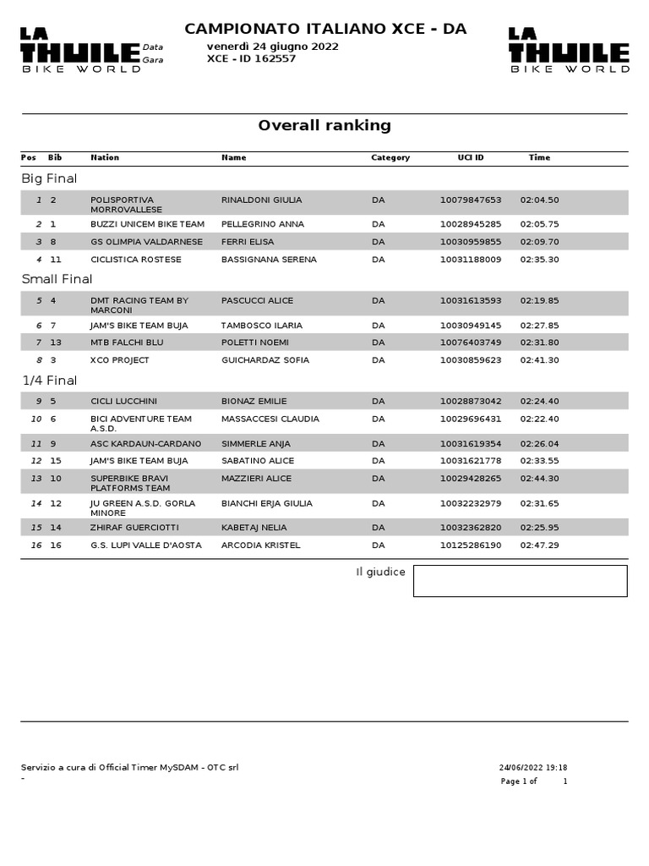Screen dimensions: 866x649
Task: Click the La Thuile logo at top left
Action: pyautogui.click(x=80, y=50)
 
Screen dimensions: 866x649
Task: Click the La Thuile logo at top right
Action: pyautogui.click(x=569, y=50)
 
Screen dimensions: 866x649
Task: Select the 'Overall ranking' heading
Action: pyautogui.click(x=324, y=126)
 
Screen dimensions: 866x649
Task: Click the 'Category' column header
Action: pyautogui.click(x=390, y=157)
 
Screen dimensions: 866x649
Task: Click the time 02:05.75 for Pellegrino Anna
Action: pyautogui.click(x=539, y=224)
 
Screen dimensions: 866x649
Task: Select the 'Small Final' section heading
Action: pyautogui.click(x=57, y=279)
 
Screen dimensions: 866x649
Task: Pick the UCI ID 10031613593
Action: pyautogui.click(x=470, y=300)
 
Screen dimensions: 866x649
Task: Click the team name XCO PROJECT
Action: pyautogui.click(x=120, y=360)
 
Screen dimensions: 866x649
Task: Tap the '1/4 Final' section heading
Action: pyautogui.click(x=49, y=381)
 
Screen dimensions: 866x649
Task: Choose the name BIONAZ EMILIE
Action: pyautogui.click(x=254, y=401)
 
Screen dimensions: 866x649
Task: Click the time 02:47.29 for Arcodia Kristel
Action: pyautogui.click(x=539, y=545)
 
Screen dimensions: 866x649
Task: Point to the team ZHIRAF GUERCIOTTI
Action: pyautogui.click(x=135, y=528)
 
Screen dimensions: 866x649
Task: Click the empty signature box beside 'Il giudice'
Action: pyautogui.click(x=520, y=581)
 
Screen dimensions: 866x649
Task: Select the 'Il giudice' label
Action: pyautogui.click(x=380, y=573)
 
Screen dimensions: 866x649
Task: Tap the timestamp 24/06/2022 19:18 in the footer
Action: pyautogui.click(x=532, y=768)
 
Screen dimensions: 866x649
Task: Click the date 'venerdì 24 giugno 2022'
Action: pyautogui.click(x=272, y=47)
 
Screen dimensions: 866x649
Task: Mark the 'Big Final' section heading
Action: pyautogui.click(x=49, y=178)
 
